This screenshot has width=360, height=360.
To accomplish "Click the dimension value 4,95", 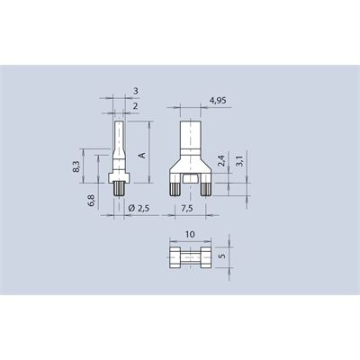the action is (x=218, y=101).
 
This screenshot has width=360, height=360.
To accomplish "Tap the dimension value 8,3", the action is (x=76, y=166).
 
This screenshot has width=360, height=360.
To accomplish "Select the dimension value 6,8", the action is (x=92, y=201).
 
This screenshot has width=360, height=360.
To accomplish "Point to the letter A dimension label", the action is (x=142, y=156).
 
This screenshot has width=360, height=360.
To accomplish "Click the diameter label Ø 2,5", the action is (x=139, y=209).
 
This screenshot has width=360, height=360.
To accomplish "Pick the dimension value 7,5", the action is (x=187, y=209).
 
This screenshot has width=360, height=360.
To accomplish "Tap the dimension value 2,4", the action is (x=221, y=161).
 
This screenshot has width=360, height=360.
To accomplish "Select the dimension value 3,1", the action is (x=240, y=160).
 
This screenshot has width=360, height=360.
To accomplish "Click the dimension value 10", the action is (x=190, y=234).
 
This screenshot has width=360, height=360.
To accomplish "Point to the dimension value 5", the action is (x=222, y=256).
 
